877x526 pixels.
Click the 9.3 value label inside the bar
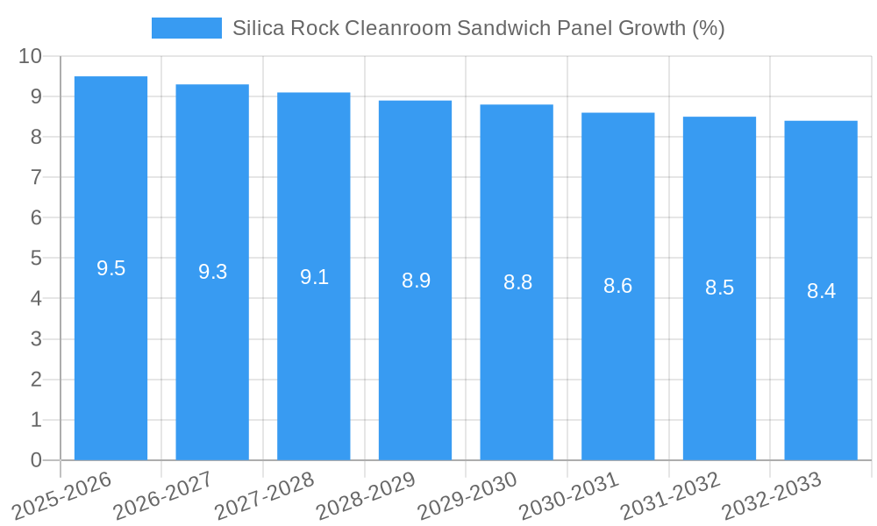212,272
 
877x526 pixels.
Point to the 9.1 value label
314,277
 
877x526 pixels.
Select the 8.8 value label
517,282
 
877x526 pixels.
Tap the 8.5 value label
719,288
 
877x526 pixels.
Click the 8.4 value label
821,291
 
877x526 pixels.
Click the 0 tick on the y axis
36,460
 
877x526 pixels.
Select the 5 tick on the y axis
36,259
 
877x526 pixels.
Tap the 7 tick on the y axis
36,177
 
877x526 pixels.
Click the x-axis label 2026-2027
163,495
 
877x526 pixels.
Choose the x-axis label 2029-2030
467,495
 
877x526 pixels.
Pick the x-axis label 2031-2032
670,495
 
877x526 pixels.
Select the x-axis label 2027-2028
264,495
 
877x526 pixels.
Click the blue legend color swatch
186,28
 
